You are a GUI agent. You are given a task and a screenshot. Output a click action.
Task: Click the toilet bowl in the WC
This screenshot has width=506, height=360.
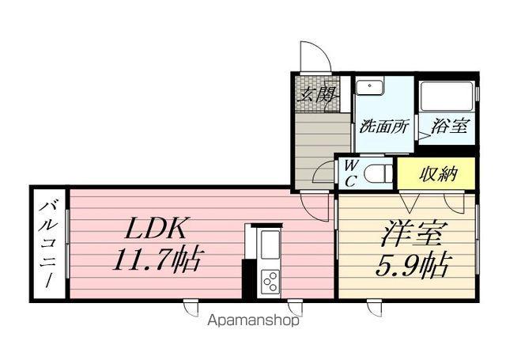379,171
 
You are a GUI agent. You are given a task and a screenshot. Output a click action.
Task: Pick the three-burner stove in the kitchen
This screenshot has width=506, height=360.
270,281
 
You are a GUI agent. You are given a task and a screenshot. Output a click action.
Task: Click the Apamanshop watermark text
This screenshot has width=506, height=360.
254,322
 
